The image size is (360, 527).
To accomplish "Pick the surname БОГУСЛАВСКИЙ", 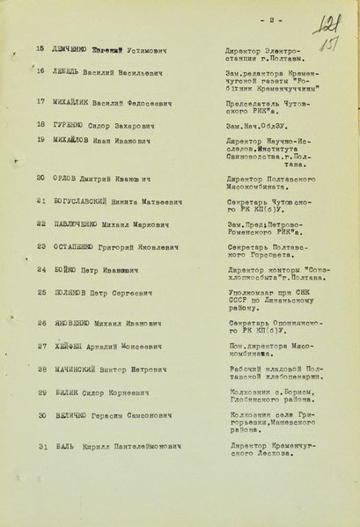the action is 85,201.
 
